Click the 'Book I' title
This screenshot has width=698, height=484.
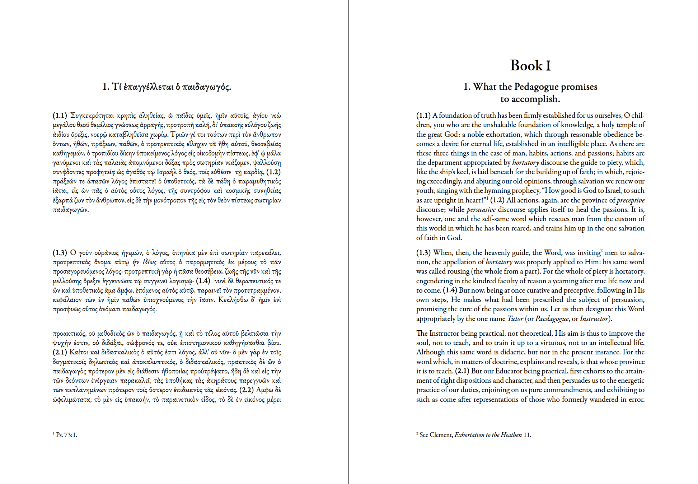coord(530,65)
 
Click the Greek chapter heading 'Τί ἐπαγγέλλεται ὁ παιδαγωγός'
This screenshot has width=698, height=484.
coord(167,87)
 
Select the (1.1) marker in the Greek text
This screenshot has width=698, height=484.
coord(60,116)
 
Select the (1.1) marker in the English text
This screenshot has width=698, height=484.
coord(423,116)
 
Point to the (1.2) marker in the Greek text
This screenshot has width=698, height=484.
coord(273,172)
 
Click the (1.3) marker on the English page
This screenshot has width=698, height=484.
coord(423,253)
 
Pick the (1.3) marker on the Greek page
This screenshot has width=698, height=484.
coord(60,253)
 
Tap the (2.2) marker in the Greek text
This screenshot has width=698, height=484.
coord(247,390)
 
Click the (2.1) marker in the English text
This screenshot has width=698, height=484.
coord(462,371)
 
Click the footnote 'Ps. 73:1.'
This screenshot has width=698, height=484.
coord(66,435)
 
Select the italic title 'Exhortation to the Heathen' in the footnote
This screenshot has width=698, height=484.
coord(488,435)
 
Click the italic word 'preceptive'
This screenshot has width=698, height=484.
coord(631,200)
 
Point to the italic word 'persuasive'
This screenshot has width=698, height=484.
coord(481,210)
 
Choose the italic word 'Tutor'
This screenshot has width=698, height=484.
coord(515,319)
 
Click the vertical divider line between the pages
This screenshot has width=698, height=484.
coord(348,242)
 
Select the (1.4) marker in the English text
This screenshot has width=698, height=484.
coord(450,290)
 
